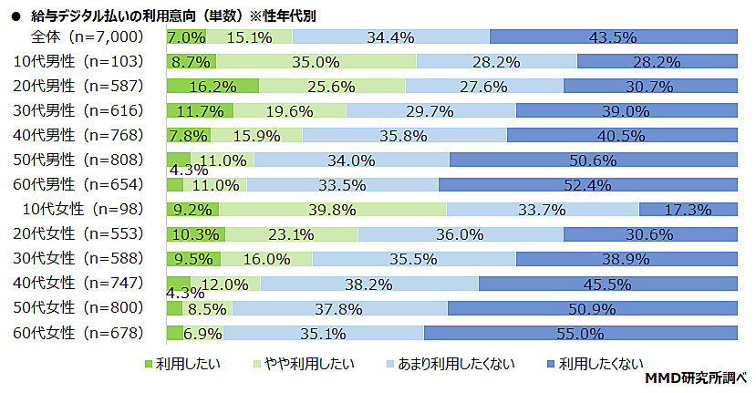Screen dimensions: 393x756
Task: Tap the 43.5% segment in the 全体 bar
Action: coord(613,37)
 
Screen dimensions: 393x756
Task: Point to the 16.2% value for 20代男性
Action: coord(212,87)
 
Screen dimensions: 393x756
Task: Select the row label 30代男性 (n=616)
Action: coord(82,111)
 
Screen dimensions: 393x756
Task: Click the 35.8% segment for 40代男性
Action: coord(403,136)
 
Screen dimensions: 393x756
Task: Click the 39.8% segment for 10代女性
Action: coord(332,210)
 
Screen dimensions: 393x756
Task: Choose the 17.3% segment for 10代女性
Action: coord(688,210)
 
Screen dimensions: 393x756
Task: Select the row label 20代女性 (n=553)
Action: coord(82,234)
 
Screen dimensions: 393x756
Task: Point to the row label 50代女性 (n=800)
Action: coord(82,308)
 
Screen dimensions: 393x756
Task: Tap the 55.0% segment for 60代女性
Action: coord(580,333)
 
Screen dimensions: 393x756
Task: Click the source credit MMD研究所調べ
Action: coord(696,377)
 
